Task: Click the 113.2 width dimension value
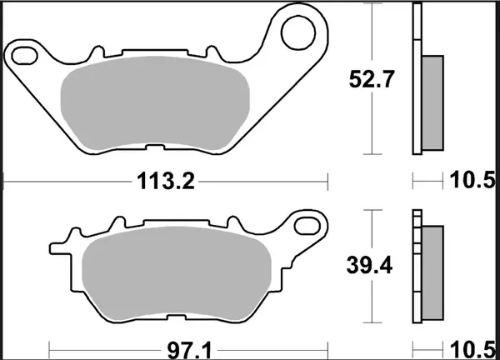pos(164,181)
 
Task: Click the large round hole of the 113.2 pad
pos(296,32)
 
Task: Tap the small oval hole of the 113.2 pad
pos(24,54)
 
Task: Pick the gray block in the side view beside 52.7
pos(432,102)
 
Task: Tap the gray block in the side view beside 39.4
pos(432,271)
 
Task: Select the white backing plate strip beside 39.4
pos(417,267)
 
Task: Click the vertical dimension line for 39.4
pos(370,300)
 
